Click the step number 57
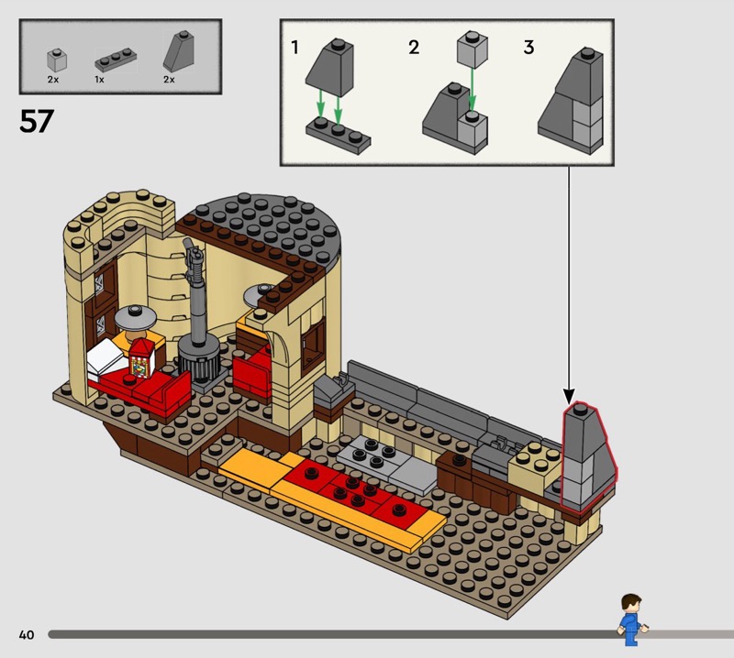coord(37,121)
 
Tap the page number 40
coord(26,634)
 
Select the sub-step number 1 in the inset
coord(295,47)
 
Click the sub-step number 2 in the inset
coord(414,47)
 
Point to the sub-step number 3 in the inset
coord(528,47)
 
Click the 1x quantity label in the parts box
coord(99,81)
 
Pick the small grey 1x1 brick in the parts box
coord(57,60)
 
